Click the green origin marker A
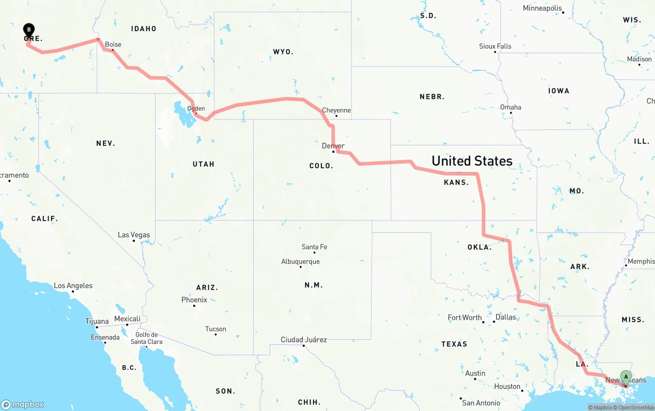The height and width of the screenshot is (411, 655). pyautogui.click(x=626, y=378)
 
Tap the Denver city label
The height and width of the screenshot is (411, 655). pyautogui.click(x=333, y=146)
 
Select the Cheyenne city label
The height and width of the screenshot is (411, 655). pyautogui.click(x=336, y=110)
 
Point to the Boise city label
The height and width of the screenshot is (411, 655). pyautogui.click(x=113, y=45)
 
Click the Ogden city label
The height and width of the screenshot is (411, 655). pyautogui.click(x=196, y=109)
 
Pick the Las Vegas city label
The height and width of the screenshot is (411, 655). pyautogui.click(x=134, y=235)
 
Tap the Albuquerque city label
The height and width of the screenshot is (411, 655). pyautogui.click(x=300, y=262)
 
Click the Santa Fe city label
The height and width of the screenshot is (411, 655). pyautogui.click(x=314, y=247)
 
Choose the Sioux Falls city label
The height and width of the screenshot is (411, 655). pyautogui.click(x=495, y=46)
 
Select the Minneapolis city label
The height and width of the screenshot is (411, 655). pyautogui.click(x=542, y=8)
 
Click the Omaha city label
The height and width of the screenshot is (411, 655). pyautogui.click(x=511, y=107)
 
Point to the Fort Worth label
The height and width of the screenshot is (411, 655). pyautogui.click(x=465, y=317)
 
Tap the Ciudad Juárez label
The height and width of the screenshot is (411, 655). pyautogui.click(x=303, y=339)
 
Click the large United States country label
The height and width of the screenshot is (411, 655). pyautogui.click(x=472, y=161)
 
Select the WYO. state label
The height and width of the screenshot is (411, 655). pyautogui.click(x=283, y=52)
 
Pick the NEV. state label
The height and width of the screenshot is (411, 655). pyautogui.click(x=105, y=143)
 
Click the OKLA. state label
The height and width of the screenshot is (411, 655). pyautogui.click(x=479, y=247)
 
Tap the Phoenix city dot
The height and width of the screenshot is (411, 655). pyautogui.click(x=194, y=306)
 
